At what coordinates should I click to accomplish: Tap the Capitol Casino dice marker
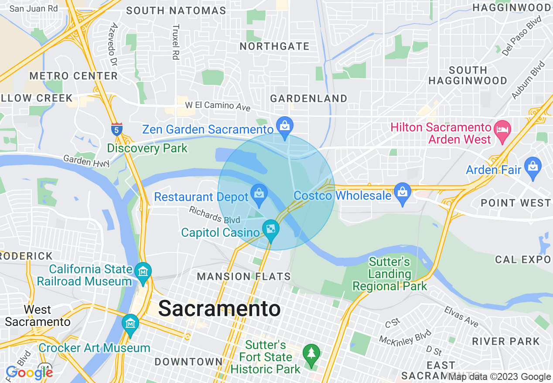tap(270, 228)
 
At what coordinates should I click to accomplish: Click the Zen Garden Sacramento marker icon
tap(284, 127)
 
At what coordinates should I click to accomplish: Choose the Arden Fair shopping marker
tap(533, 166)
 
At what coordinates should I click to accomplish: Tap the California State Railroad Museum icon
tap(143, 272)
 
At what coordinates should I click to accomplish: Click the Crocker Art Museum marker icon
tap(130, 324)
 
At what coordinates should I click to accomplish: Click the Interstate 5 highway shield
tap(116, 128)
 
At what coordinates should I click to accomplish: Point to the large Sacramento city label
tap(219, 309)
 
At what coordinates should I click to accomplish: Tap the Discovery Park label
tap(147, 148)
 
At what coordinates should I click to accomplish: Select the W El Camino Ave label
tap(218, 106)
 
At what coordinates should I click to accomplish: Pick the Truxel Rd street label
tap(176, 41)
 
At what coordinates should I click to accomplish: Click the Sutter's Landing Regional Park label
tap(389, 274)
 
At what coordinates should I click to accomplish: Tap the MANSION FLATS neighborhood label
tap(244, 276)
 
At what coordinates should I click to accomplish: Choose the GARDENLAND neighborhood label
tap(308, 98)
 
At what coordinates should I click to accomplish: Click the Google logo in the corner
tap(29, 373)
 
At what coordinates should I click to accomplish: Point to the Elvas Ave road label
tap(461, 316)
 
